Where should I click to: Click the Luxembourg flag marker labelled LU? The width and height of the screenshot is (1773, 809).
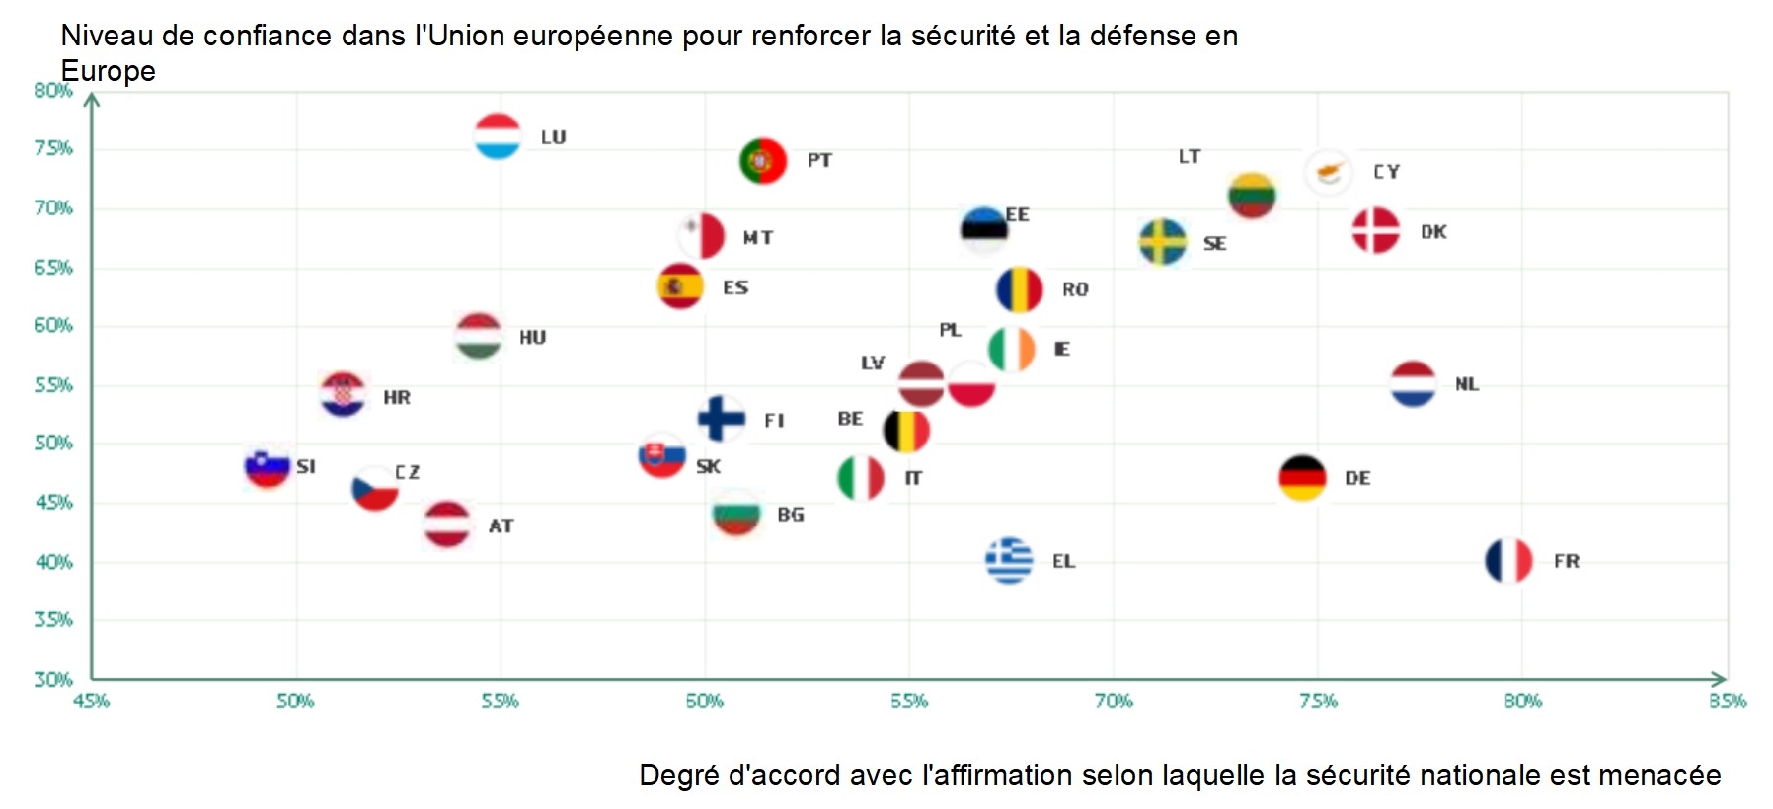tap(498, 136)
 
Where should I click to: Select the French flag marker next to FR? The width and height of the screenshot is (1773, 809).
tap(1508, 561)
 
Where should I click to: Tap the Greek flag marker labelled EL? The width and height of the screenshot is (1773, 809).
tap(1009, 561)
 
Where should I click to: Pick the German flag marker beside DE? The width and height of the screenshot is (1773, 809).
tap(1302, 478)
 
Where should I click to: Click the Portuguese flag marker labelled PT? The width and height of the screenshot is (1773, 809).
tap(762, 160)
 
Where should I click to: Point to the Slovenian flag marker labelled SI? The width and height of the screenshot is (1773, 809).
tap(268, 466)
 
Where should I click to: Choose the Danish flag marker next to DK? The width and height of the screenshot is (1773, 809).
tap(1375, 231)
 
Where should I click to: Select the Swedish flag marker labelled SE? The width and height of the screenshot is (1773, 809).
tap(1163, 242)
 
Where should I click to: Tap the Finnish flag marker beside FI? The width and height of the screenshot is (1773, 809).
tap(722, 419)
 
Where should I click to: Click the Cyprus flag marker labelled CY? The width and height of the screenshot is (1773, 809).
tap(1328, 172)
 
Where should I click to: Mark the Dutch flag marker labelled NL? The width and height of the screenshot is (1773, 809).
tap(1413, 384)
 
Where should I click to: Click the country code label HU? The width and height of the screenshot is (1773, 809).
tap(532, 338)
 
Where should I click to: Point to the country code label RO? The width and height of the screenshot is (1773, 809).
tap(1075, 289)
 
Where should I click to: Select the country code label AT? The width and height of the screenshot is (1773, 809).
tap(501, 526)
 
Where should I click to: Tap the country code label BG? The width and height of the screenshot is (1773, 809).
tap(790, 515)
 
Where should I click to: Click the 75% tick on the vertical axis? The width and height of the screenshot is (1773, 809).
tap(53, 148)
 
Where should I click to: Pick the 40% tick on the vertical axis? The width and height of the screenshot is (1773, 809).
tap(53, 562)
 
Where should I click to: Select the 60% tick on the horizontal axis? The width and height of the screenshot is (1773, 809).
tap(704, 701)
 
